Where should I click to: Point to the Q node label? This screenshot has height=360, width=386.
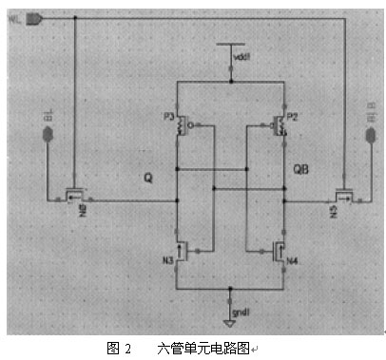(x=147, y=177)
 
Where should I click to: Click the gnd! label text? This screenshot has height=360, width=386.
(x=245, y=311)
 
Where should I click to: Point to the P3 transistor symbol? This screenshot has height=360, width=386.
(x=183, y=125)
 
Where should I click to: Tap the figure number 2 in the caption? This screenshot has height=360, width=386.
(x=128, y=348)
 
